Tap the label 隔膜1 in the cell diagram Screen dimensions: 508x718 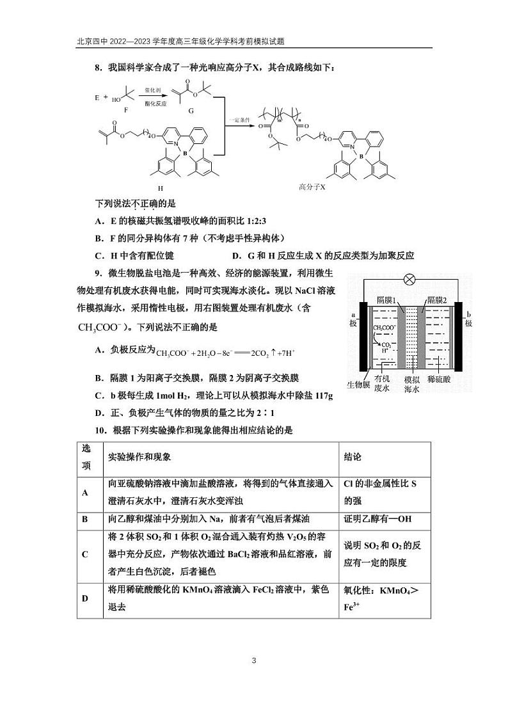386,301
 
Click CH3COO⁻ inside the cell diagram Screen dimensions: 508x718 384,328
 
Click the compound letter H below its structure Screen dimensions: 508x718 161,189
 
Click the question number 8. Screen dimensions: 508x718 98,67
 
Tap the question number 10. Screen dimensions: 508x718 100,431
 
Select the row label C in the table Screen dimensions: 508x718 85,554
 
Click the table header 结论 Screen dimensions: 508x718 353,458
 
